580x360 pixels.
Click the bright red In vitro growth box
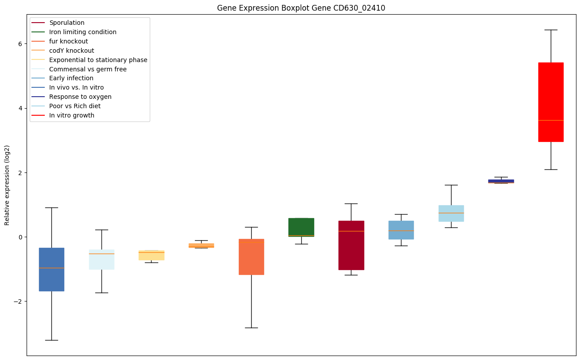[551, 102]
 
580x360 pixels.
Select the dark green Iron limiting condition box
[301, 227]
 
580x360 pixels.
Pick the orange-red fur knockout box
[251, 257]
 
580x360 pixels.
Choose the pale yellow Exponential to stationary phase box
[152, 255]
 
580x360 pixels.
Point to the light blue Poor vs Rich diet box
[451, 213]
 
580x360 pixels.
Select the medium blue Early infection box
[401, 230]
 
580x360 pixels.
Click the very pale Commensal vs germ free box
[101, 259]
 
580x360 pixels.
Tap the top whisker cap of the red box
[551, 30]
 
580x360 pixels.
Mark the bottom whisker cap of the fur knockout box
[251, 328]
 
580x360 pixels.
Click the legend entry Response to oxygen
[80, 97]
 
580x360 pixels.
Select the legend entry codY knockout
[71, 51]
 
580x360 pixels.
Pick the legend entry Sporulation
[67, 23]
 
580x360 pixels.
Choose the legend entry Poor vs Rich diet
[75, 106]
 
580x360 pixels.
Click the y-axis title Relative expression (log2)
[7, 185]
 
